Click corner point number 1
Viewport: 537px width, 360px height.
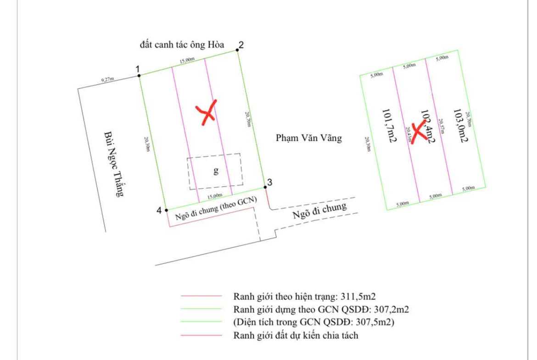pyautogui.click(x=139, y=75)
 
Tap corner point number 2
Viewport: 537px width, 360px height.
pyautogui.click(x=237, y=50)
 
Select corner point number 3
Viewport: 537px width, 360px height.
pyautogui.click(x=265, y=187)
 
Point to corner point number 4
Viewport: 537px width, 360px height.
pyautogui.click(x=166, y=210)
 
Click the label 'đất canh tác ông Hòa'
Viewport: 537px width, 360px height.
pyautogui.click(x=182, y=45)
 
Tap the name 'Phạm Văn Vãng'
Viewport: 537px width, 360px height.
pyautogui.click(x=309, y=138)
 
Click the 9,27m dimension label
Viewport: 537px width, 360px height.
pyautogui.click(x=108, y=80)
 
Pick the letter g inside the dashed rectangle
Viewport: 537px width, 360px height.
pyautogui.click(x=216, y=172)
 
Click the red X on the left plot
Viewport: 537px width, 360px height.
pyautogui.click(x=206, y=112)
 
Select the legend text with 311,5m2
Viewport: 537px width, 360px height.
pyautogui.click(x=305, y=296)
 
